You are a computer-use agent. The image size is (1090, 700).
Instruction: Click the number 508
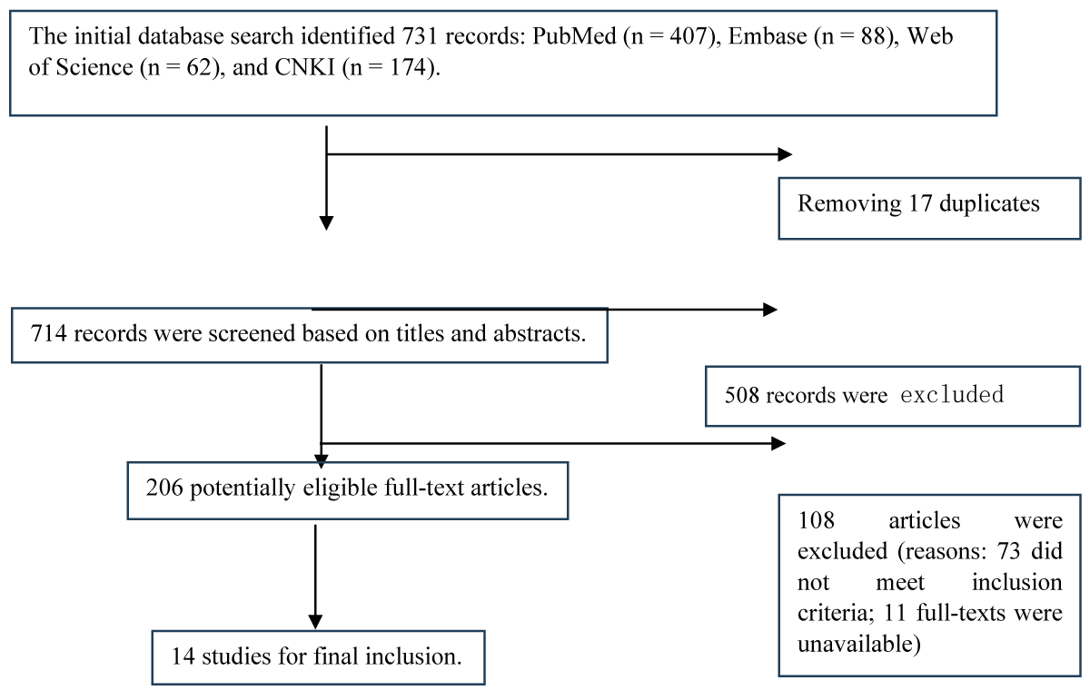click(x=741, y=396)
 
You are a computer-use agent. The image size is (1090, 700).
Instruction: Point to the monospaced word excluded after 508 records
click(x=952, y=396)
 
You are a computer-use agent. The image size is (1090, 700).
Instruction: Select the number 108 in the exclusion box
click(x=816, y=522)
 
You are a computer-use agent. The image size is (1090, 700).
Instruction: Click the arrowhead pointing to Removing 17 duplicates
click(x=786, y=155)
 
